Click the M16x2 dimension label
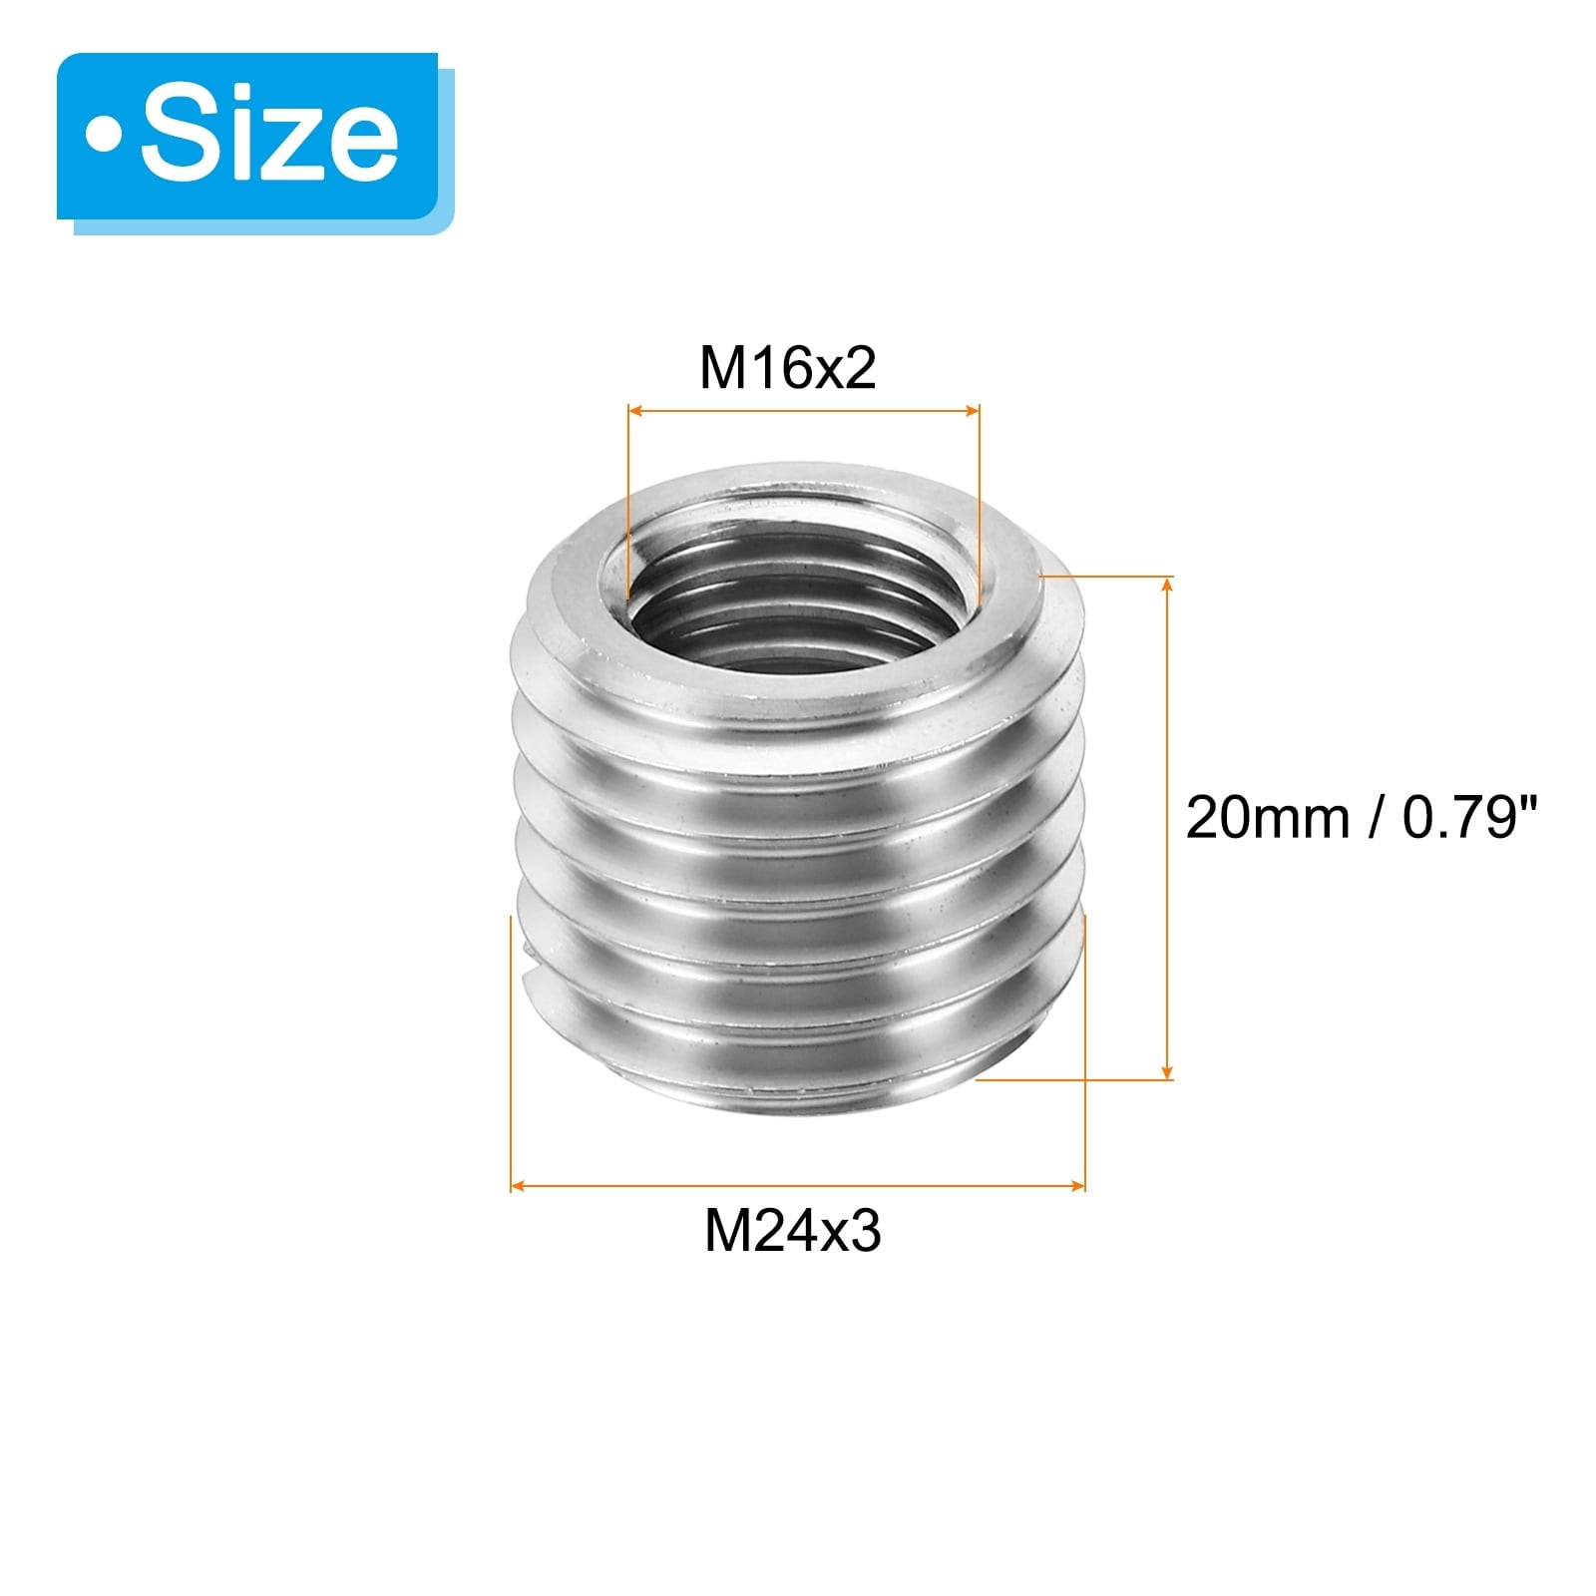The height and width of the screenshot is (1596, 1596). click(787, 367)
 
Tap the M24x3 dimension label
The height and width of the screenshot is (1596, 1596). click(793, 1231)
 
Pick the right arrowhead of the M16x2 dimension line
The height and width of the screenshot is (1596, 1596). click(971, 409)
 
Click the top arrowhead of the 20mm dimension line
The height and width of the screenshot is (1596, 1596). click(1167, 586)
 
